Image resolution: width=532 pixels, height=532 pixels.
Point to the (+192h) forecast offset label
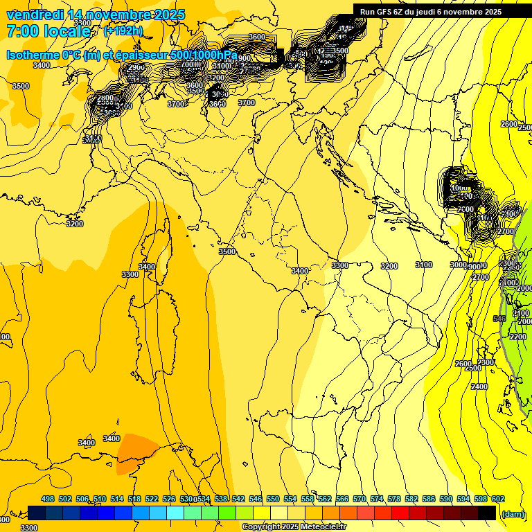(123, 31)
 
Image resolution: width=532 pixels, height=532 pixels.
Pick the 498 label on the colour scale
(48, 499)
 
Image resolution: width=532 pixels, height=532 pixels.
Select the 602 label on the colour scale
(498, 499)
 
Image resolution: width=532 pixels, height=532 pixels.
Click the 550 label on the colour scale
(273, 499)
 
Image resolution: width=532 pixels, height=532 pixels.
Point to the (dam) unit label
(513, 513)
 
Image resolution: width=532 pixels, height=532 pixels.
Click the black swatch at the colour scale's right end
(487, 513)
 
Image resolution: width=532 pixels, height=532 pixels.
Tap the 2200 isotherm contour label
(517, 337)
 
